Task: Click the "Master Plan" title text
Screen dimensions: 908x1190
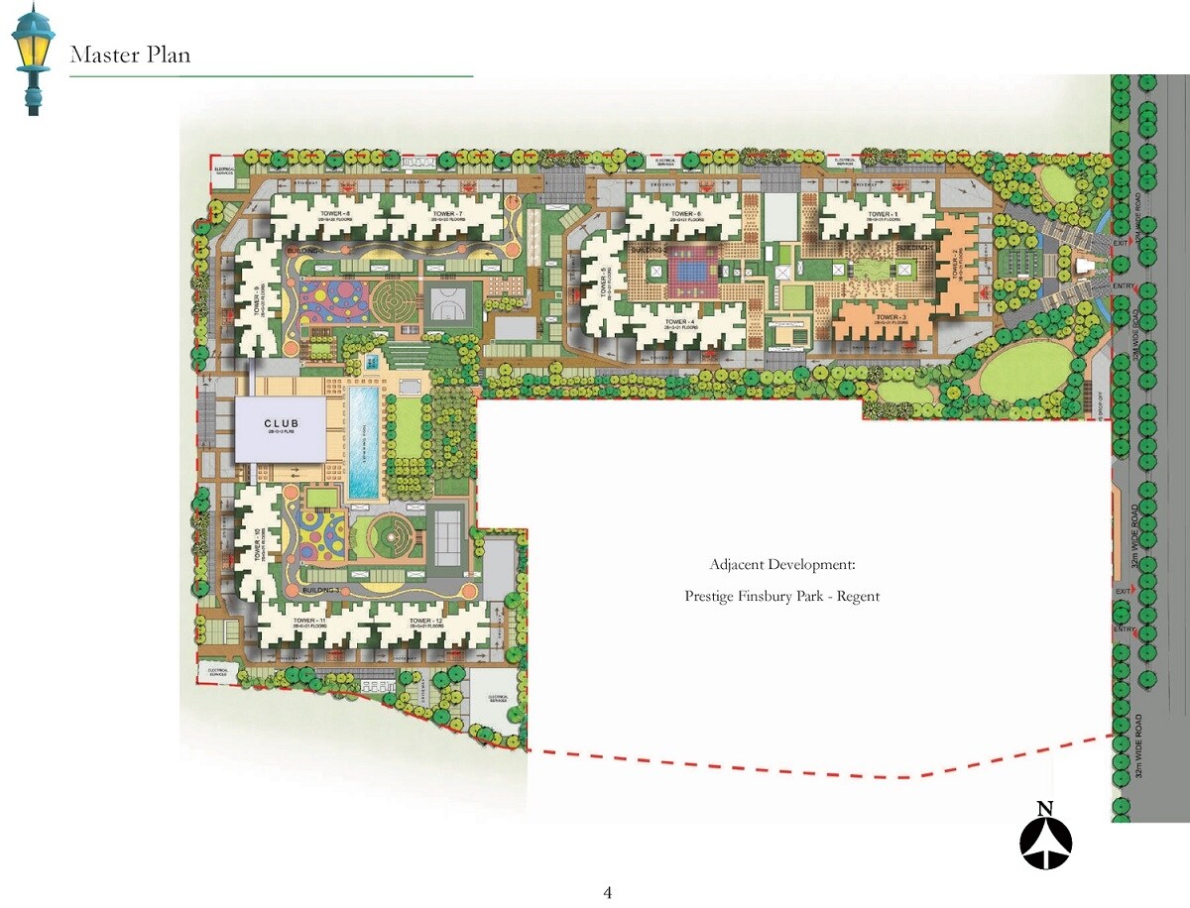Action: pos(130,56)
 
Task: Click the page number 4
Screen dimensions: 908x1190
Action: pos(608,893)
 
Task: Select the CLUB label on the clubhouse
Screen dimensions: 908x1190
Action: pos(281,424)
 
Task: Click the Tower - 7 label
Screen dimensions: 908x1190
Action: pos(447,213)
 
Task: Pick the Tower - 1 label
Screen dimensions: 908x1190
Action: pos(882,214)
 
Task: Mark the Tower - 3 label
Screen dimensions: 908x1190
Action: pos(891,318)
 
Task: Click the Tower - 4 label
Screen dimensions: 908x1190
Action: pos(678,322)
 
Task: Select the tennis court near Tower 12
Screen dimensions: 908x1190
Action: pos(449,538)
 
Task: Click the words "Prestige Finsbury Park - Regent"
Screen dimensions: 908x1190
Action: pos(781,597)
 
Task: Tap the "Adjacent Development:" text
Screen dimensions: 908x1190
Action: pos(781,565)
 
